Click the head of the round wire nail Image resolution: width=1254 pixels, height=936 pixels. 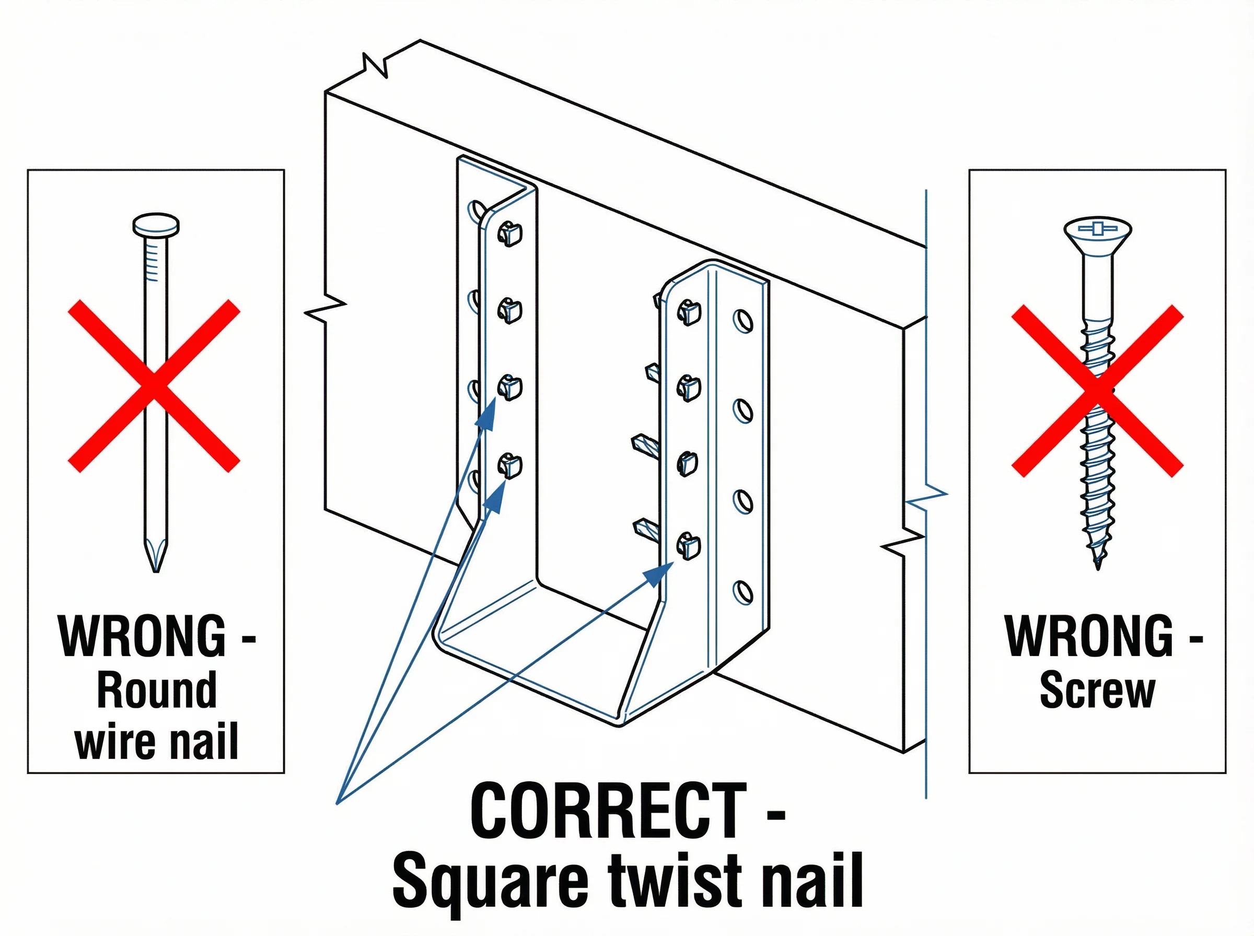click(x=156, y=225)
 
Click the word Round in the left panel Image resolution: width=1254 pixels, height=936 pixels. click(x=156, y=689)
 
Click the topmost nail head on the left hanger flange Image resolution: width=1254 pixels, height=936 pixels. click(x=509, y=233)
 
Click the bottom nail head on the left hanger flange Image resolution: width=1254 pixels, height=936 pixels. click(x=509, y=466)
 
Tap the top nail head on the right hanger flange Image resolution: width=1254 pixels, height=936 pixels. click(x=689, y=312)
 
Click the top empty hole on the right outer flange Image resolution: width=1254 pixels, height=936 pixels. click(x=743, y=321)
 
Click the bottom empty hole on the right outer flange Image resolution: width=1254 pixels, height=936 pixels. click(x=743, y=593)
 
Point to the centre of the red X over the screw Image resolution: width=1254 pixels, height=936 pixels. click(x=1098, y=391)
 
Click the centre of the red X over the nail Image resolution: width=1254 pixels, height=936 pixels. click(x=154, y=386)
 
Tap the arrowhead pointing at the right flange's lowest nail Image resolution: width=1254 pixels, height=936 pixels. click(x=657, y=575)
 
